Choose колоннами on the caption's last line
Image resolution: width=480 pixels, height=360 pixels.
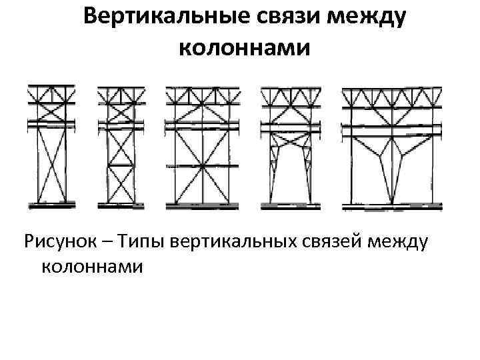(x=93, y=267)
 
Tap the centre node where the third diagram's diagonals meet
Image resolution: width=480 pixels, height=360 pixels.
(x=201, y=165)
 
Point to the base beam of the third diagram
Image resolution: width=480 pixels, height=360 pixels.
(x=201, y=206)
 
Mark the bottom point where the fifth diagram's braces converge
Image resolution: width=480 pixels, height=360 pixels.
(x=391, y=203)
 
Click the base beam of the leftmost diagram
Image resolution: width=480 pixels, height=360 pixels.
(x=51, y=205)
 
